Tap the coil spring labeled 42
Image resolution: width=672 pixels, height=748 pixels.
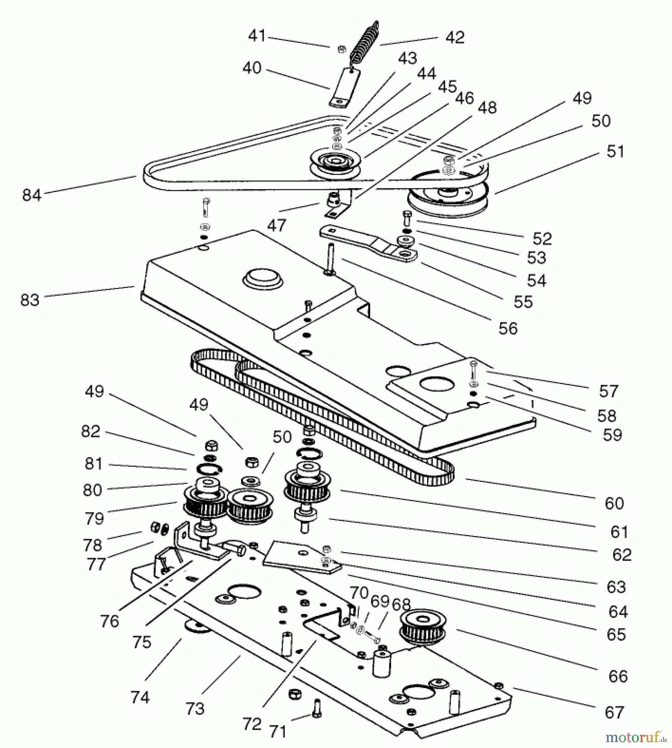[364, 44]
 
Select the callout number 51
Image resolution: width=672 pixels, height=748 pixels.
[615, 151]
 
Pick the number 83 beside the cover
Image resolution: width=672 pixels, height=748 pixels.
[29, 300]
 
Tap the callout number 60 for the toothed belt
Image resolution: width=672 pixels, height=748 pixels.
[614, 503]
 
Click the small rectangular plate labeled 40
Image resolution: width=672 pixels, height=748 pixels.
[345, 87]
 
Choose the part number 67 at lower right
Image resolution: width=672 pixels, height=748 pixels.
[614, 712]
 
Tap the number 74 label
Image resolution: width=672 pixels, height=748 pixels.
[139, 697]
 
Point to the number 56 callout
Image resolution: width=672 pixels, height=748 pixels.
[508, 328]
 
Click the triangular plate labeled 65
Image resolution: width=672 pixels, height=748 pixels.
[302, 556]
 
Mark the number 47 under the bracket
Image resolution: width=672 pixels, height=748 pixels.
[276, 225]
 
